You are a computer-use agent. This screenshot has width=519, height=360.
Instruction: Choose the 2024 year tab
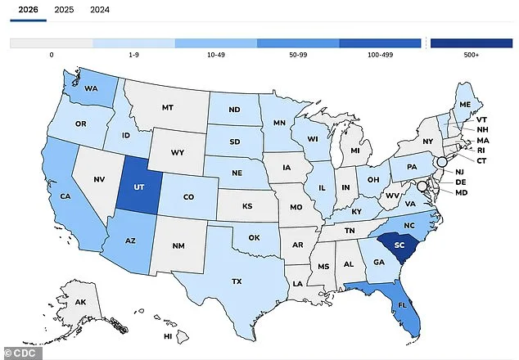(x=99, y=10)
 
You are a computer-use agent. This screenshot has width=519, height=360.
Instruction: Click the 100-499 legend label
(x=381, y=56)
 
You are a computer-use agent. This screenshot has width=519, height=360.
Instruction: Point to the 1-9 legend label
(x=133, y=56)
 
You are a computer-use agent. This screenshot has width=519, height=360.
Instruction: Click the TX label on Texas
(x=237, y=281)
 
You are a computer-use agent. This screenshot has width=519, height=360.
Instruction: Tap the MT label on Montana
(x=167, y=107)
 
